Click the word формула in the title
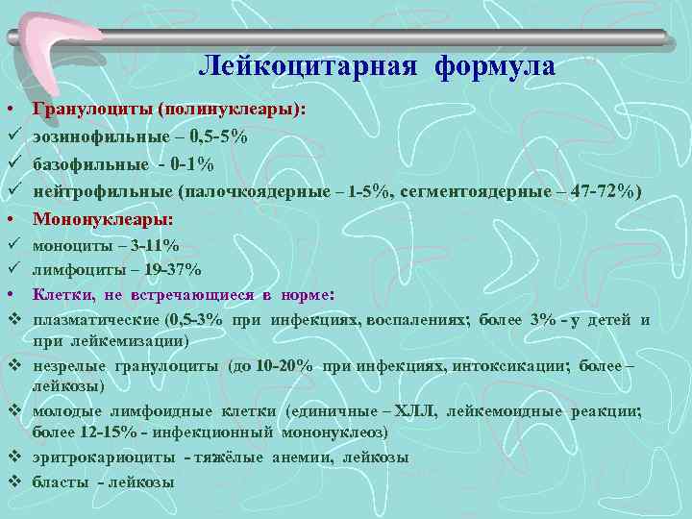click(494, 67)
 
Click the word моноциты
click(68, 246)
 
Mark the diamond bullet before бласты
click(14, 481)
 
